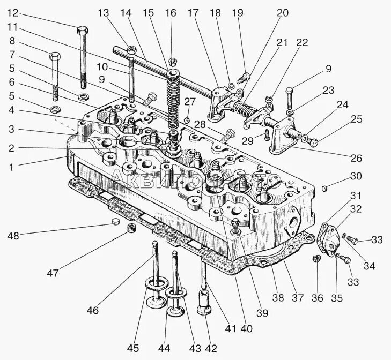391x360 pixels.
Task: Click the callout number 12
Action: (12, 12)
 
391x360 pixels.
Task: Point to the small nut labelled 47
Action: (131, 229)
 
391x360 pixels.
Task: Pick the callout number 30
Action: (356, 176)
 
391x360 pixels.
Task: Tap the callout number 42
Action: (211, 349)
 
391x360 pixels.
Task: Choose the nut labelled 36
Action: (316, 259)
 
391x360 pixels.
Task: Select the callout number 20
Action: (283, 12)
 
